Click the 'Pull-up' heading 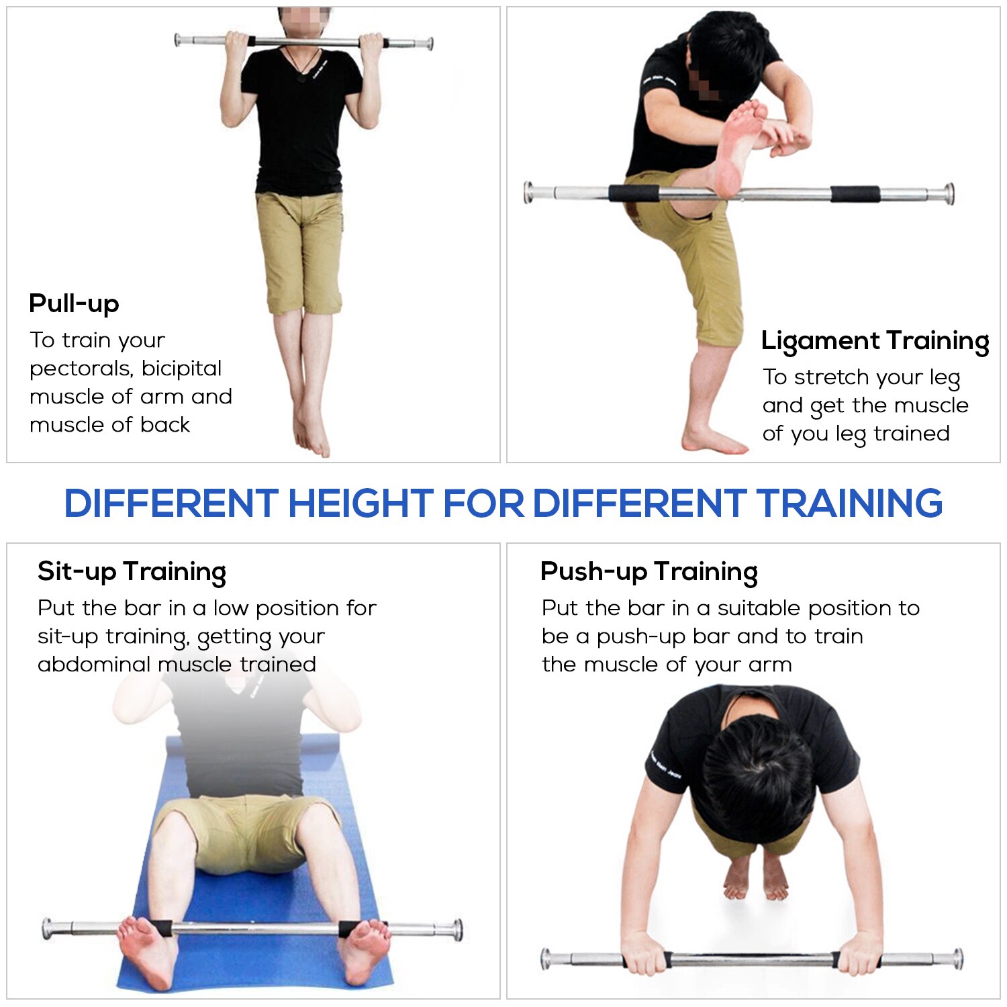pyautogui.click(x=74, y=303)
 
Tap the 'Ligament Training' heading pyautogui.click(x=875, y=340)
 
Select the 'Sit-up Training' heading pyautogui.click(x=132, y=571)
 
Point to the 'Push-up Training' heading pyautogui.click(x=649, y=571)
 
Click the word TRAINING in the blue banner pyautogui.click(x=849, y=503)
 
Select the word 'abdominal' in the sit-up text pyautogui.click(x=94, y=665)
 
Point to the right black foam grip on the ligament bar pyautogui.click(x=855, y=194)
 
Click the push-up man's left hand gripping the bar pyautogui.click(x=644, y=953)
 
